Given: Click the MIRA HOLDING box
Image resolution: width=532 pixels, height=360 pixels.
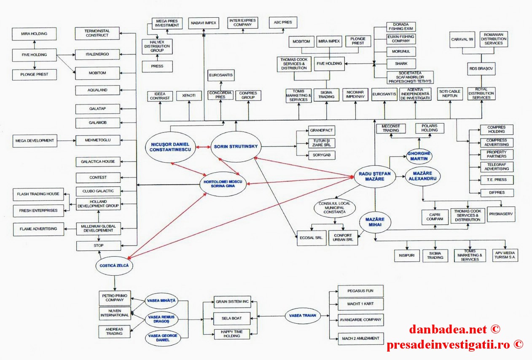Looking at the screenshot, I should click(x=34, y=33).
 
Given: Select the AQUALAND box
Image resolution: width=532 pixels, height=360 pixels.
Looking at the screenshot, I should click(x=97, y=90).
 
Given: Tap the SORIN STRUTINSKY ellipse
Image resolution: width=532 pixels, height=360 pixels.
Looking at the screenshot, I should click(x=236, y=147).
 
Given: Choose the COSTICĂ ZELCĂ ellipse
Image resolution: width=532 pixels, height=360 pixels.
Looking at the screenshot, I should click(x=114, y=266).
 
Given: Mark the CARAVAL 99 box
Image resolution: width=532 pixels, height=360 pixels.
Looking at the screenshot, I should click(x=462, y=38).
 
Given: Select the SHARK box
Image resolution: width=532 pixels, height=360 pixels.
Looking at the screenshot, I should click(x=401, y=64).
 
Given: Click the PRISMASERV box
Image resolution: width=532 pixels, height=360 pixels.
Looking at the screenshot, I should click(x=502, y=214).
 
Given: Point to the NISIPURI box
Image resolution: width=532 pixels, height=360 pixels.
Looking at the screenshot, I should click(x=406, y=255).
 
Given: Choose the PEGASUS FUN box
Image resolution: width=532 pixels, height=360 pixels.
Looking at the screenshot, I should click(x=355, y=291).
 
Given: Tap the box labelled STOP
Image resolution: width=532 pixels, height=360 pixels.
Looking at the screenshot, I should click(x=98, y=245).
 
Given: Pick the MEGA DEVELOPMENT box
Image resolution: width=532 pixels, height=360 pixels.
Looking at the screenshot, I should click(x=35, y=140).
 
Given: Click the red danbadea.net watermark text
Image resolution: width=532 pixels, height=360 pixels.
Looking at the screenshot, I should click(x=454, y=329).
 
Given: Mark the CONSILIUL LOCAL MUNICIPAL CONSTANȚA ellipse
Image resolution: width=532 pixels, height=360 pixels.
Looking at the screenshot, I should click(x=335, y=207).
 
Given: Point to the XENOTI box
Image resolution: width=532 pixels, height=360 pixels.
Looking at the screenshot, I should click(x=189, y=96).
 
